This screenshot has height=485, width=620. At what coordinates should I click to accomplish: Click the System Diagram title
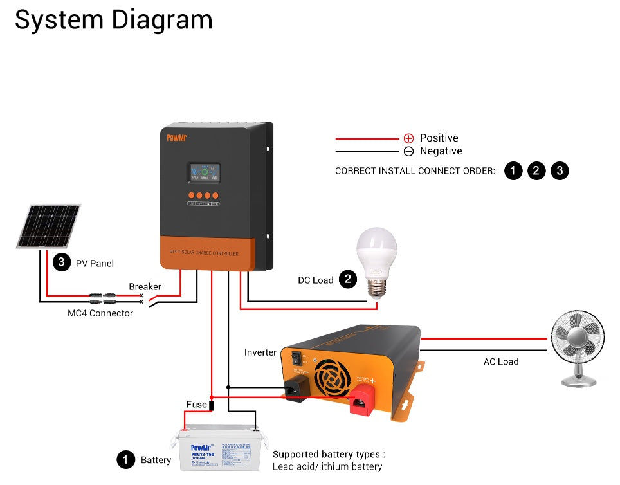coord(113,20)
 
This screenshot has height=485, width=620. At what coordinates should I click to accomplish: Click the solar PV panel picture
coord(49,226)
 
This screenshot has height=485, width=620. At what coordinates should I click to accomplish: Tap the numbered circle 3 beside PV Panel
coord(61,262)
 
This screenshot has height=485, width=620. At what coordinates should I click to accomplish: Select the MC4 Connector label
coord(100,313)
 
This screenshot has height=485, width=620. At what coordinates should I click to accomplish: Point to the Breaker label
coord(145,286)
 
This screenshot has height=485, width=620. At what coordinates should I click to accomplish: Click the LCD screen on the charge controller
coord(203,172)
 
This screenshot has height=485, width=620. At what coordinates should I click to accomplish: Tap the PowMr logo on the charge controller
coord(176,137)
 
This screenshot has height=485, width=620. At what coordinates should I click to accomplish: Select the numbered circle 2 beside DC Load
coord(347,279)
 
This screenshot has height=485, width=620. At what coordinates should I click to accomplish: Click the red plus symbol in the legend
coord(408,138)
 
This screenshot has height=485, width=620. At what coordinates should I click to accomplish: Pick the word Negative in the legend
coord(441,151)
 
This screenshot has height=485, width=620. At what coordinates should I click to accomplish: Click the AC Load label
coord(501,361)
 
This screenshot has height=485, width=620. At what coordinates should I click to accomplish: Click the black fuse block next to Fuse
coord(212,405)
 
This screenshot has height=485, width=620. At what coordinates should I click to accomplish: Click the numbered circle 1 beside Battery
coord(125,459)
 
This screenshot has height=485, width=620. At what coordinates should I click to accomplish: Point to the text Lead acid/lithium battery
coord(327,466)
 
